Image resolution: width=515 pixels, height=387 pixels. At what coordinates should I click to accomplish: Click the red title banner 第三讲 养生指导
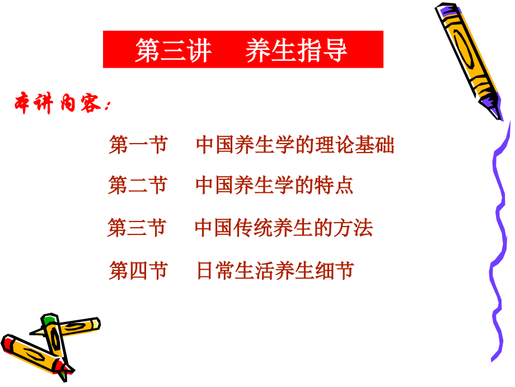point(243,49)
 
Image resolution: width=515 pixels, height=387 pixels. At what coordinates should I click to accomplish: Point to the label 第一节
point(138,145)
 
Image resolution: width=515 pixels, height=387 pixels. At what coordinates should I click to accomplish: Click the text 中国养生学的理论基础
point(295,145)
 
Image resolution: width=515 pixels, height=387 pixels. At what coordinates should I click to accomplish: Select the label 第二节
point(138,186)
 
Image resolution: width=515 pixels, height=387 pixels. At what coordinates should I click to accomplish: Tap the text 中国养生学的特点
point(274,186)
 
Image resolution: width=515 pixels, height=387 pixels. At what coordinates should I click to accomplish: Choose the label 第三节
point(137,228)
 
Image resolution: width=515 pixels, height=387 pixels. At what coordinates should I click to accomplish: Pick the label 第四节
point(138,271)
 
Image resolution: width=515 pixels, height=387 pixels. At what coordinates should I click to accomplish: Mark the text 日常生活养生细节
point(275,271)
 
